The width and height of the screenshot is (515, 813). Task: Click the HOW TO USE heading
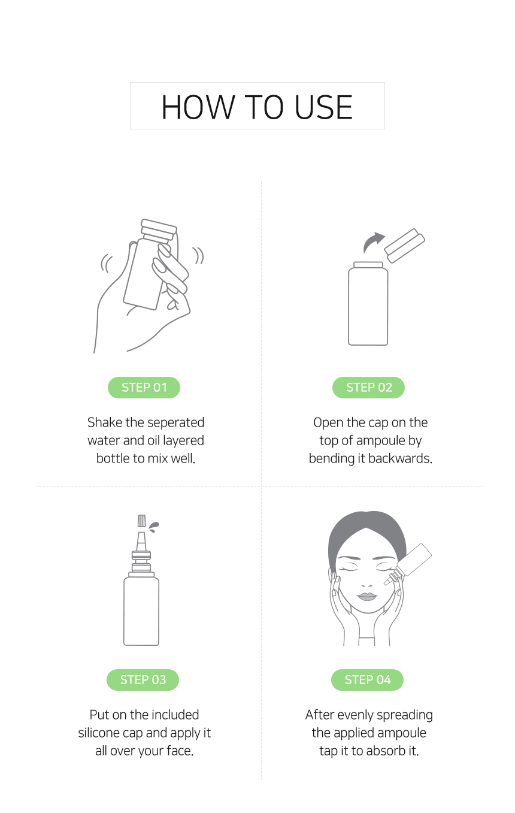pyautogui.click(x=257, y=107)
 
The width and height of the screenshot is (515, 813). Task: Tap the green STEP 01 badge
pyautogui.click(x=144, y=387)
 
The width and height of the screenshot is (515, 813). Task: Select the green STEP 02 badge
pyautogui.click(x=368, y=387)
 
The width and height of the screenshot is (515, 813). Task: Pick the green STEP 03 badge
pyautogui.click(x=143, y=679)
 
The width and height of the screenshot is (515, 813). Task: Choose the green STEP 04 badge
pyautogui.click(x=368, y=679)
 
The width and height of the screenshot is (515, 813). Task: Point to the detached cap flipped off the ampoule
pyautogui.click(x=404, y=246)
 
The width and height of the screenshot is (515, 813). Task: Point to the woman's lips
pyautogui.click(x=367, y=596)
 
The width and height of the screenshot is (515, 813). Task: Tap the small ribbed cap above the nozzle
pyautogui.click(x=142, y=521)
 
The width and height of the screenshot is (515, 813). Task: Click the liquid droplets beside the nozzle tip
pyautogui.click(x=154, y=527)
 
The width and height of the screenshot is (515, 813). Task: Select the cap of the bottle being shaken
pyautogui.click(x=159, y=229)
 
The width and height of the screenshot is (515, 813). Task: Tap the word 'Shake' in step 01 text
pyautogui.click(x=104, y=423)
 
